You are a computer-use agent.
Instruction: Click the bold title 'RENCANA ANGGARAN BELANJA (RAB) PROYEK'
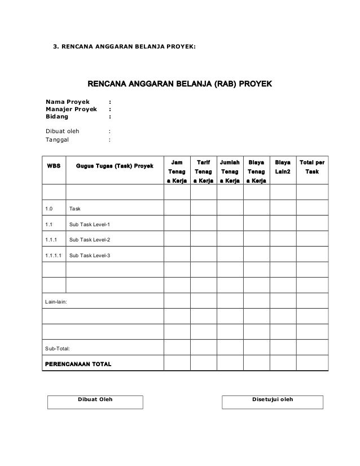tap(179, 85)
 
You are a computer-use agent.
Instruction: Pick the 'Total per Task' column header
tap(312, 165)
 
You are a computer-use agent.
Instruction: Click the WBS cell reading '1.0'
tap(50, 209)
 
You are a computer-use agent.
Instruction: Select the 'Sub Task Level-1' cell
tap(90, 225)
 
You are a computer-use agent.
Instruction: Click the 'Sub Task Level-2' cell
tap(90, 240)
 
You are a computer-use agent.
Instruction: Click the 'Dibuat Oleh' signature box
tap(95, 401)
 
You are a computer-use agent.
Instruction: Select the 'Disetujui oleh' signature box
tap(273, 401)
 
